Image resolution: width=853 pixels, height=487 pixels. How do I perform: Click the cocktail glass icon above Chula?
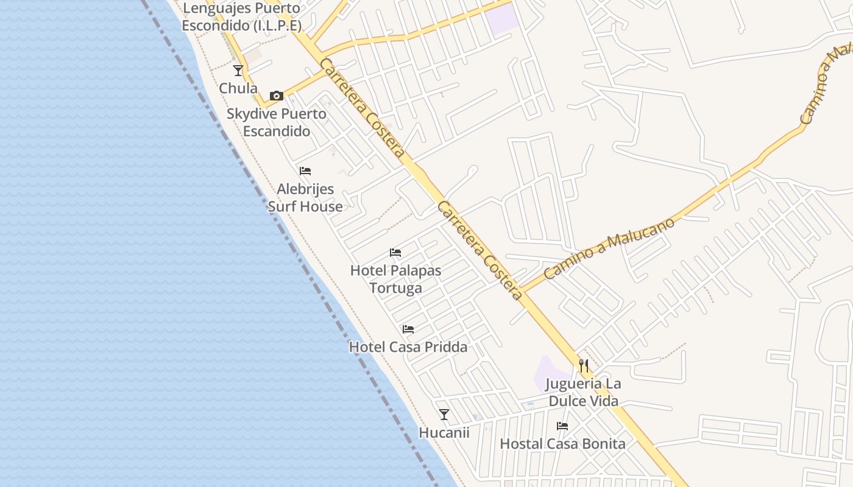pos(238,71)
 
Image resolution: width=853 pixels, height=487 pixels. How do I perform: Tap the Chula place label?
pos(238,88)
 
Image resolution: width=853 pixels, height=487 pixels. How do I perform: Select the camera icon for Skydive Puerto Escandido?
pos(277,96)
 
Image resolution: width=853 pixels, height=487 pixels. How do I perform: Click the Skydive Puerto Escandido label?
pos(277,122)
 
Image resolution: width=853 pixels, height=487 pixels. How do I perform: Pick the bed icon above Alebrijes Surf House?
pos(305,171)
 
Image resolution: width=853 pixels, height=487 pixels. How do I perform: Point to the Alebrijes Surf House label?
pos(305,198)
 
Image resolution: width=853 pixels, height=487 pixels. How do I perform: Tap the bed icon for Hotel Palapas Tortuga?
pos(395,253)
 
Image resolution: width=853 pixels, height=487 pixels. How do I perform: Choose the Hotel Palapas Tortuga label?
pos(395,279)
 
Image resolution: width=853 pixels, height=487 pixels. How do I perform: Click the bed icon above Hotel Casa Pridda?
pos(408,329)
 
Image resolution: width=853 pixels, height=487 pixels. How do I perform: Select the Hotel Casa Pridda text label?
pos(408,347)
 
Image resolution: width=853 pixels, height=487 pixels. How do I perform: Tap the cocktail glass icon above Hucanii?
pos(444,415)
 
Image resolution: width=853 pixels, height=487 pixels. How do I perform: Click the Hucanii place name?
pos(444,432)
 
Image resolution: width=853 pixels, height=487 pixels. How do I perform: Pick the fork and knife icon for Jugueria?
pos(584,365)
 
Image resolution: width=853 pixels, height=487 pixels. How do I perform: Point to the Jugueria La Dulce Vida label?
pos(584,393)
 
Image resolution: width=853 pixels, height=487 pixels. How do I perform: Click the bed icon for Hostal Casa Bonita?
pos(562,426)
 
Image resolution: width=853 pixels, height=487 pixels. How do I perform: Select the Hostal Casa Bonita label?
pos(562,444)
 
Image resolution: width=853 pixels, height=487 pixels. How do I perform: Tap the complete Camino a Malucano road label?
pos(609,248)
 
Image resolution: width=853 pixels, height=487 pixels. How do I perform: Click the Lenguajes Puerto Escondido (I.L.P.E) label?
pos(242,17)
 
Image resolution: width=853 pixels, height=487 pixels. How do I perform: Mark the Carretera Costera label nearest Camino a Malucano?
pos(479,250)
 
